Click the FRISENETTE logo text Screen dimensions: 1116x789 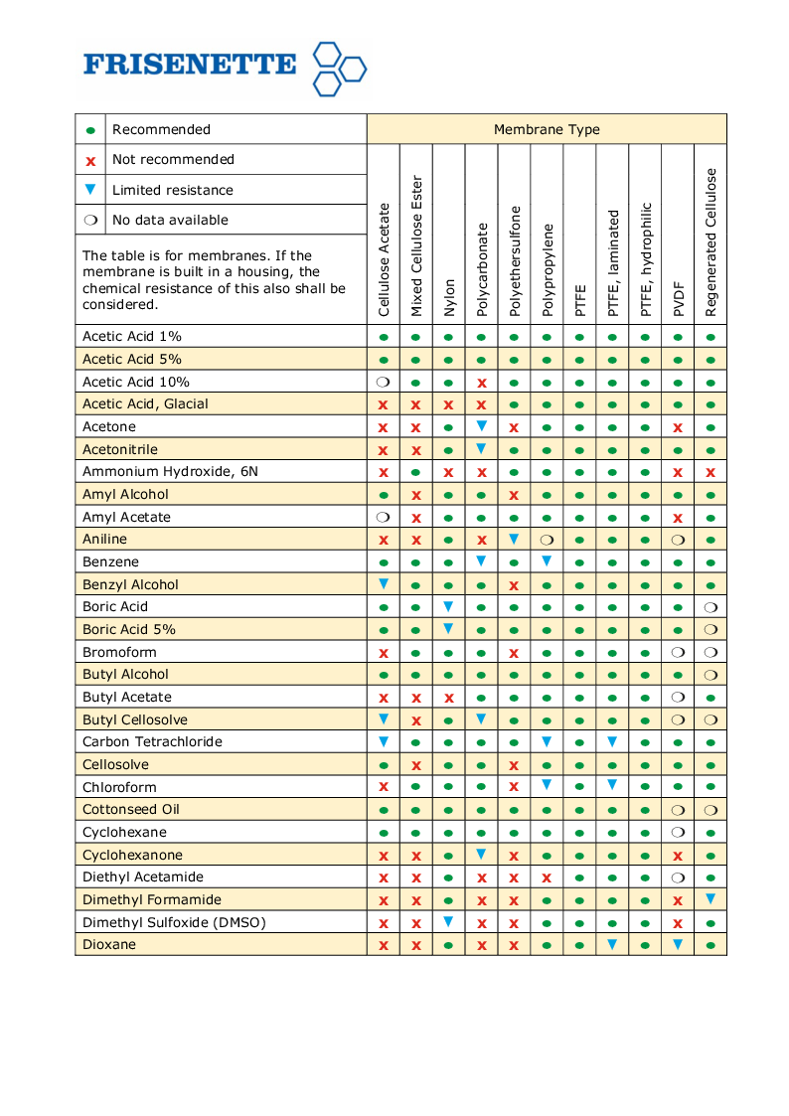point(189,65)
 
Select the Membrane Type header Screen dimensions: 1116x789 point(547,129)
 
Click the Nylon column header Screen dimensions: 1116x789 point(449,297)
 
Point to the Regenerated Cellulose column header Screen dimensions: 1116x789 point(710,242)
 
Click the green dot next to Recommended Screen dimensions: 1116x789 point(90,130)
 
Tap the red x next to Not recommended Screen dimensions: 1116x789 point(90,160)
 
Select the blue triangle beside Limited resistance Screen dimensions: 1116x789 point(90,190)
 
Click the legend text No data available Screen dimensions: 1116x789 point(170,220)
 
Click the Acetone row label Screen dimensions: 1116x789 point(109,426)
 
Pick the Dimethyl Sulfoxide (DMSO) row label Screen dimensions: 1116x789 point(174,922)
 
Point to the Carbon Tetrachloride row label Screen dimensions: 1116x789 point(152,741)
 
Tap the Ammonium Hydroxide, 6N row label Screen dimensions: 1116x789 point(170,471)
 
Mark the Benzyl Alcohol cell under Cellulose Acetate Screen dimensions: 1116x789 point(384,584)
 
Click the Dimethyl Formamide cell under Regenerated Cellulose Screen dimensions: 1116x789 point(710,899)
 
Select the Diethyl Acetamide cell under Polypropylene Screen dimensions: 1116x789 point(547,877)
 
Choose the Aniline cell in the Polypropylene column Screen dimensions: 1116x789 point(547,540)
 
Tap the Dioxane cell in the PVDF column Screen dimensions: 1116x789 point(678,944)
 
